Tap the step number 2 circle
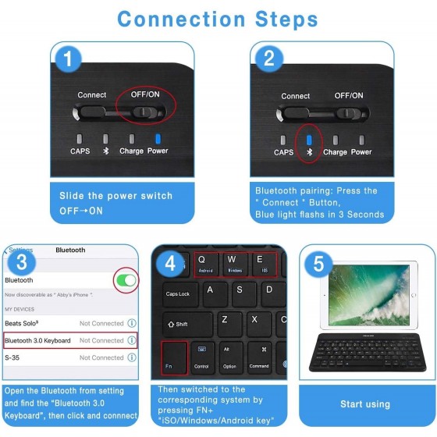269,58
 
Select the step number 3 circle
23,261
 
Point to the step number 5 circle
318,263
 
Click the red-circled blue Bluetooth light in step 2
308,140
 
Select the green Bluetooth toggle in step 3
126,280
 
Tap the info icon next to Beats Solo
132,322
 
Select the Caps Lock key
177,293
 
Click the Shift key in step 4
185,324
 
